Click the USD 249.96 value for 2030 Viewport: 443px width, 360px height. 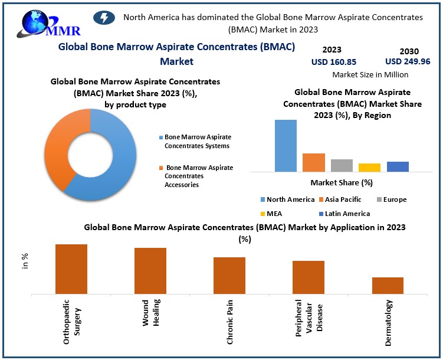click(408, 61)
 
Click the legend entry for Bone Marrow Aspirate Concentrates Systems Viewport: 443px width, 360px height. click(198, 141)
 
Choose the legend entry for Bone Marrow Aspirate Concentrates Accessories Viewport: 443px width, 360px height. click(199, 176)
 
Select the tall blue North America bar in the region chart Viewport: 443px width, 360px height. click(286, 145)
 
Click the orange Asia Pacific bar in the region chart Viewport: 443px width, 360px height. click(314, 162)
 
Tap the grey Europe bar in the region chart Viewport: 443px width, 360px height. click(342, 165)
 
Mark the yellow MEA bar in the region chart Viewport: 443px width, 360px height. click(369, 167)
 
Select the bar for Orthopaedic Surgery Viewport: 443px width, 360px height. click(71, 269)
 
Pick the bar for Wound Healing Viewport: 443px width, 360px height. click(150, 270)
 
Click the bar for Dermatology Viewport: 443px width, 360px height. click(388, 285)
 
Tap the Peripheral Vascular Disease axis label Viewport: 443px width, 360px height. click(309, 322)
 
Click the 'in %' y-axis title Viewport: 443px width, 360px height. click(25, 261)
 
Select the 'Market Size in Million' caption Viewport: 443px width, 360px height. click(370, 75)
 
